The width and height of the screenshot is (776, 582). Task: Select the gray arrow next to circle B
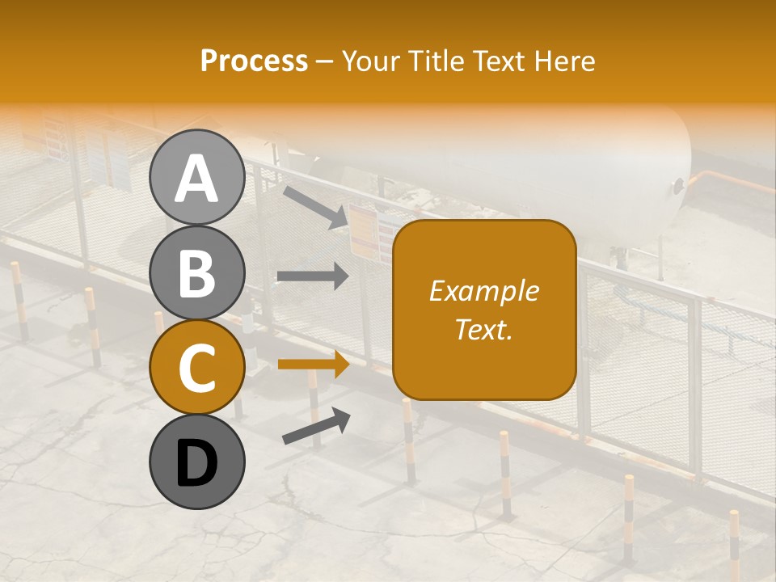313,276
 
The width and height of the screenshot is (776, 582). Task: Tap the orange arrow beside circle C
313,365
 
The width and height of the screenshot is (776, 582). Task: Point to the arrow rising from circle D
316,426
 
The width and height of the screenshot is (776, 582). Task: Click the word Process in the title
254,61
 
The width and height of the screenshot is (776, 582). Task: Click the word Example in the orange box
483,291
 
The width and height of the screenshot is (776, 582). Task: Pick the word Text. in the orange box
483,329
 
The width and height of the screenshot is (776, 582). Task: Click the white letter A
196,178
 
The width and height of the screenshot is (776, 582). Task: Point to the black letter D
196,463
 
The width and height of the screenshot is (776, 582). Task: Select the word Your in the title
371,61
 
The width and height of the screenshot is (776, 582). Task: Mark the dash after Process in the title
324,62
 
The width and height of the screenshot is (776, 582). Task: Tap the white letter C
196,369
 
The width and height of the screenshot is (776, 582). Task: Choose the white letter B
196,273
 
